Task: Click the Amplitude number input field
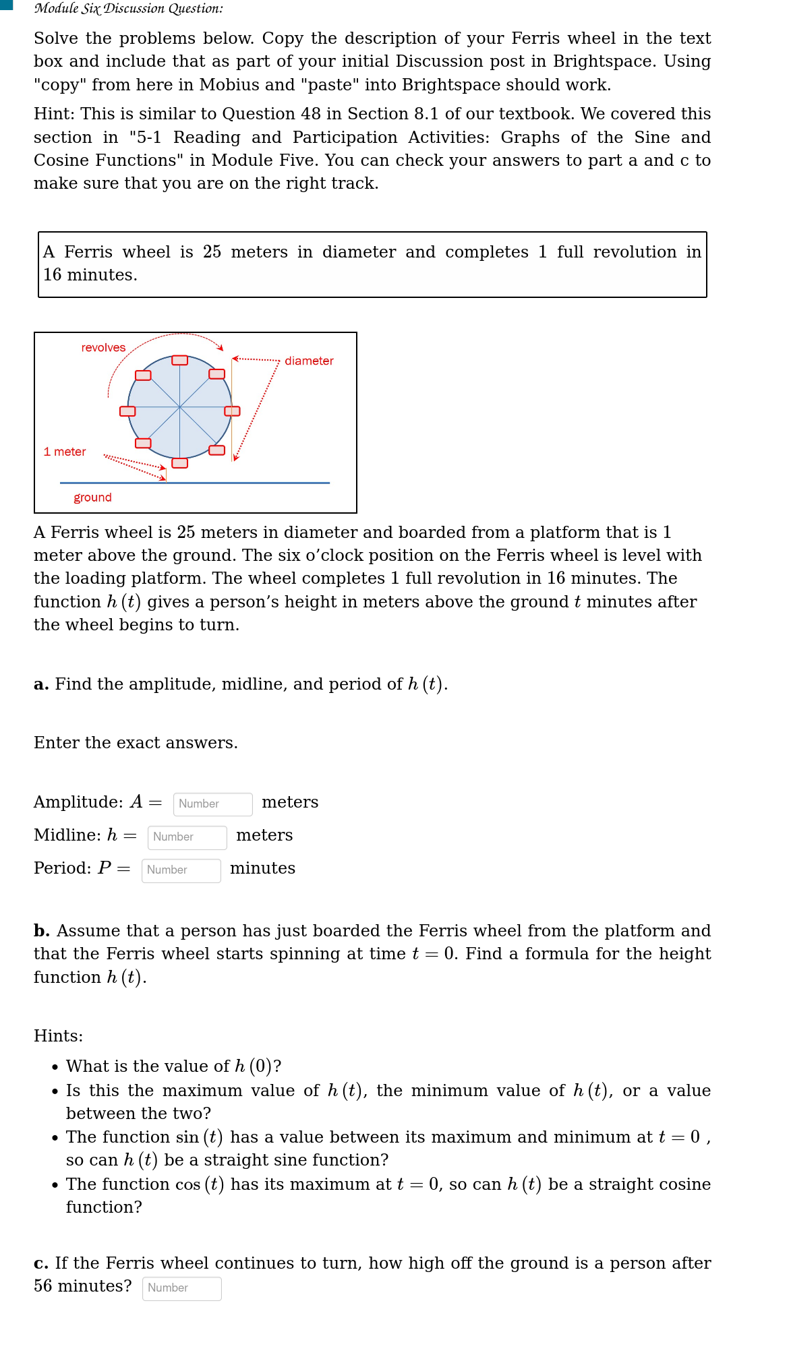(x=212, y=804)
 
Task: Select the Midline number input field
(x=187, y=837)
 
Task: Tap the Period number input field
(x=181, y=870)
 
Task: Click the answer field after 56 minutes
(x=181, y=1288)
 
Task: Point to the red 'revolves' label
(x=103, y=348)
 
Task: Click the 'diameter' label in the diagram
(x=309, y=361)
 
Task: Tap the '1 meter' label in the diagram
(x=65, y=452)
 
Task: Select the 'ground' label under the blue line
(x=92, y=497)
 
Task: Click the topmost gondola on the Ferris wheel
(x=179, y=360)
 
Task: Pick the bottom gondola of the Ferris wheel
(x=179, y=462)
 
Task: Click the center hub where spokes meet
(x=179, y=407)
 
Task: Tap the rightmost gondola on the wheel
(x=232, y=411)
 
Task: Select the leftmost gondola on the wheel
(x=127, y=411)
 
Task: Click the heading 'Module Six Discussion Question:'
(x=129, y=9)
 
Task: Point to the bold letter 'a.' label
(x=41, y=684)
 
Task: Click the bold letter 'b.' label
(x=42, y=931)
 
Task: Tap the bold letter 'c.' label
(x=41, y=1263)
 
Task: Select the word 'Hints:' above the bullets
(x=58, y=1036)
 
